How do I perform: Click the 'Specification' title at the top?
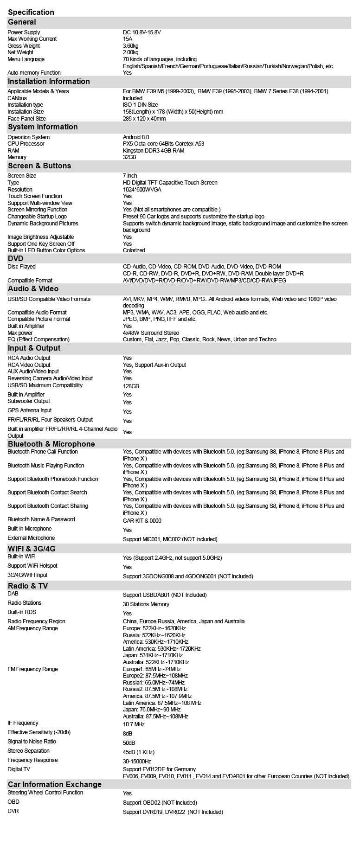coord(31,12)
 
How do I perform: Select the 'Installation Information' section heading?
coord(49,82)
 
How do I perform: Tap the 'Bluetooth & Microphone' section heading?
coord(51,444)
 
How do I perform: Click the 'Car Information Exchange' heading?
coord(54,784)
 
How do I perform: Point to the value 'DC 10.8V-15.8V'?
coord(141,32)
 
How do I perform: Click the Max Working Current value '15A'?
coord(128,39)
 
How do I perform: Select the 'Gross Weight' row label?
coord(24,46)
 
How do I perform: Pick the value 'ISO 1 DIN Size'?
coord(140,105)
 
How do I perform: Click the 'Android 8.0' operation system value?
coord(136,137)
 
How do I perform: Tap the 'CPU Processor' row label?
coord(26,144)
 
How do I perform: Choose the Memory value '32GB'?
coord(129,157)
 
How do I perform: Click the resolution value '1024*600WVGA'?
coord(142,190)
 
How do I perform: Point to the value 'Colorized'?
coord(134,250)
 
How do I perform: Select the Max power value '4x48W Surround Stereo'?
coord(151,333)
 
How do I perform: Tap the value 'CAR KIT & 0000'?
coord(142,521)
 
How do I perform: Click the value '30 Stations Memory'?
coord(146,604)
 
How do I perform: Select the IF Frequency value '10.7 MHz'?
coord(134,724)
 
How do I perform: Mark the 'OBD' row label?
coord(13,801)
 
